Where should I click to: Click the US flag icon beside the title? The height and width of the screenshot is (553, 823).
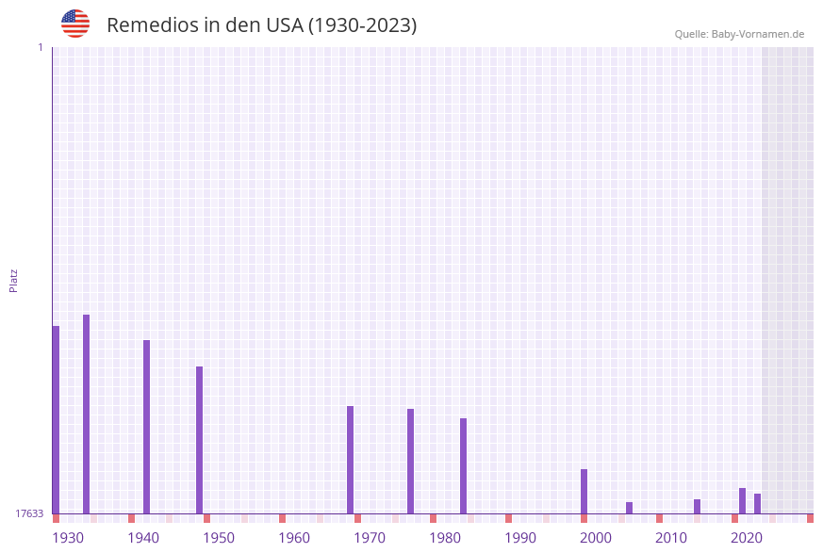(75, 24)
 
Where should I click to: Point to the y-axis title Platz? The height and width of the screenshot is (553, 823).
(14, 280)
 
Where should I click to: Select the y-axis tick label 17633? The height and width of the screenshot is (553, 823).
(29, 513)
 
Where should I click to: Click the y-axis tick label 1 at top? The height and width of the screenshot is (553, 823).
(40, 47)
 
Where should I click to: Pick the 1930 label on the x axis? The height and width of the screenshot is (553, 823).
(68, 538)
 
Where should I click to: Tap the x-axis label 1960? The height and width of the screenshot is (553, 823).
(294, 538)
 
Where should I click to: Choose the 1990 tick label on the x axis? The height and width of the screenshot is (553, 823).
(520, 538)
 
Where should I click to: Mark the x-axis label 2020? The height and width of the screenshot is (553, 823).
(747, 538)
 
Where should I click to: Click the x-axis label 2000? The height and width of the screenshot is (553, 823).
(596, 538)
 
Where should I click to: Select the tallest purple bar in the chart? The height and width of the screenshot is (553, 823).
(86, 414)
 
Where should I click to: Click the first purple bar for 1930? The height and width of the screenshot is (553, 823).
(56, 419)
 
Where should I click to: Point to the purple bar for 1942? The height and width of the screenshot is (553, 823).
(146, 427)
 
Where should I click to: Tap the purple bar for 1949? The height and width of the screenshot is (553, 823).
(199, 440)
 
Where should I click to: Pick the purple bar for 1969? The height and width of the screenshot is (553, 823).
(350, 460)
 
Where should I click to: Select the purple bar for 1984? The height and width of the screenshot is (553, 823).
(463, 465)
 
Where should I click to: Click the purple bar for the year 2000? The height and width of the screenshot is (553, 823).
(584, 491)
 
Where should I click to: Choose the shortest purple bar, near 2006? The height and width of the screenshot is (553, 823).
(629, 508)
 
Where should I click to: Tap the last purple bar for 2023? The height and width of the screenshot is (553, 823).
(757, 503)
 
